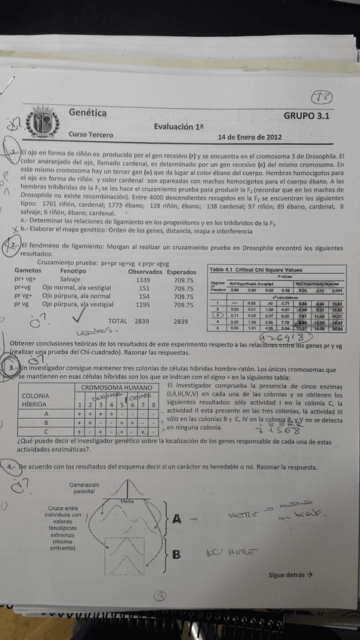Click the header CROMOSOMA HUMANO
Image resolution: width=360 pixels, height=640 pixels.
click(116, 387)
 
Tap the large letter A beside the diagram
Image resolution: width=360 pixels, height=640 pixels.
click(177, 519)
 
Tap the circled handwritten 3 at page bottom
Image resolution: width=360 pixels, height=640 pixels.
click(159, 595)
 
